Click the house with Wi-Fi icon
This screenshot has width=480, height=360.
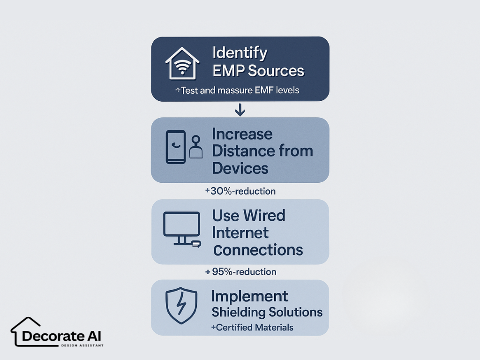pyautogui.click(x=182, y=63)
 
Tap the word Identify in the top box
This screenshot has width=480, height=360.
pyautogui.click(x=240, y=53)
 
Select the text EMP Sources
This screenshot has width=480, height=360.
pyautogui.click(x=258, y=70)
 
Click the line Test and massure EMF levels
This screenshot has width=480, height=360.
pyautogui.click(x=237, y=90)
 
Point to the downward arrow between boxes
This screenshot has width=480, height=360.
pyautogui.click(x=240, y=110)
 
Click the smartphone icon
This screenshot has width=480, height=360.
pyautogui.click(x=176, y=147)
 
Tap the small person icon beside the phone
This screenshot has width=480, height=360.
pyautogui.click(x=196, y=147)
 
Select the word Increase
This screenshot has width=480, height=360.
pyautogui.click(x=242, y=134)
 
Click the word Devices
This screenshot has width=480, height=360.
pyautogui.click(x=240, y=168)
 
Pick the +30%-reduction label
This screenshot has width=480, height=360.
pyautogui.click(x=240, y=191)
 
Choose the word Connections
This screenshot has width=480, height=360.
pyautogui.click(x=258, y=250)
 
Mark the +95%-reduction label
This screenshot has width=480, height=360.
pyautogui.click(x=240, y=272)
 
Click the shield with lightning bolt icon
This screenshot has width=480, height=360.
pyautogui.click(x=181, y=305)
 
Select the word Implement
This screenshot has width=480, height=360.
pyautogui.click(x=249, y=296)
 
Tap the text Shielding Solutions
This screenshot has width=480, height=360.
pyautogui.click(x=267, y=312)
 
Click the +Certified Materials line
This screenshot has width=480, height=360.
pyautogui.click(x=252, y=328)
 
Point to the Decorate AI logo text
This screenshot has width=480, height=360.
pyautogui.click(x=61, y=336)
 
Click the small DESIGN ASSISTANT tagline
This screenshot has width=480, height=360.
pyautogui.click(x=82, y=345)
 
